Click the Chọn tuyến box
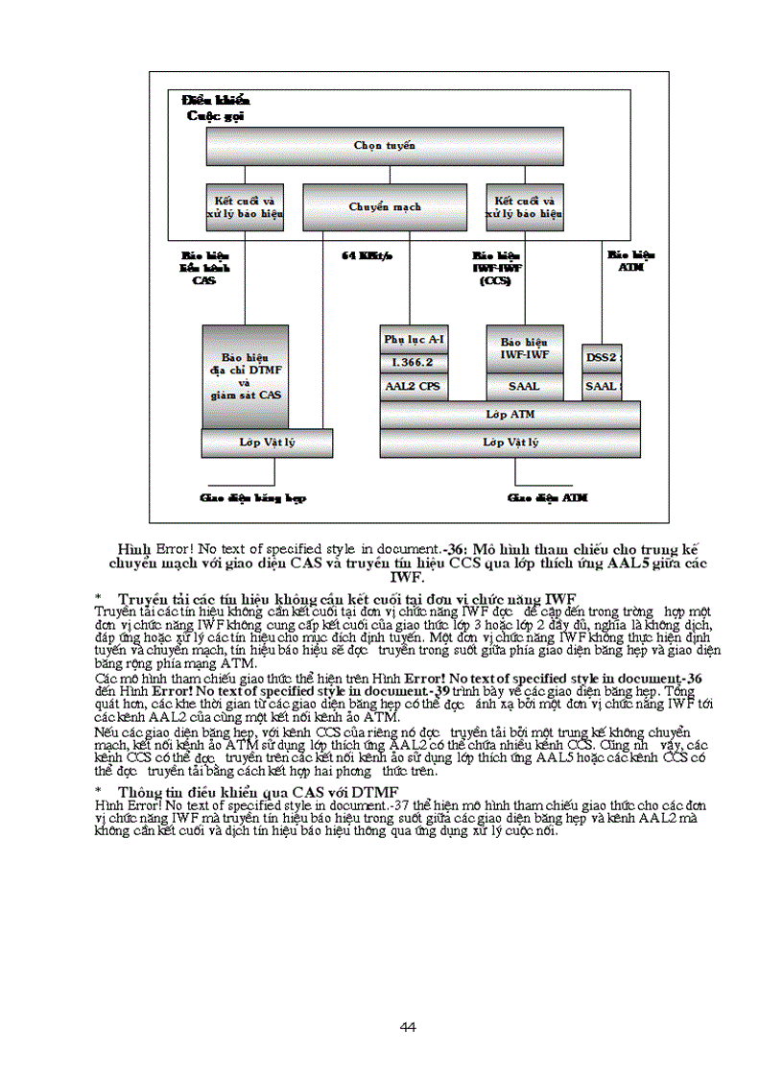point(385,146)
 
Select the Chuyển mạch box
point(385,206)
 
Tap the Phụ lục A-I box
point(414,340)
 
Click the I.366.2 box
point(414,363)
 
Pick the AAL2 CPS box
point(414,386)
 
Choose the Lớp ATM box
point(510,415)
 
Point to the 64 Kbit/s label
point(368,256)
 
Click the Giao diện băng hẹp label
point(252,498)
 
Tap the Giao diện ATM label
point(547,498)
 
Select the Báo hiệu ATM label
point(630,261)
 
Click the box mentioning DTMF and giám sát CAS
point(245,375)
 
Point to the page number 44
point(408,1027)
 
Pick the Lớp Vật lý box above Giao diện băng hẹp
point(267,443)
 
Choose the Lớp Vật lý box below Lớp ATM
point(510,443)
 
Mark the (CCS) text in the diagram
point(496,280)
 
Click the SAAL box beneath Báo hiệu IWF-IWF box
point(524,387)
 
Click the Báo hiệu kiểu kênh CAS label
point(202,268)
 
